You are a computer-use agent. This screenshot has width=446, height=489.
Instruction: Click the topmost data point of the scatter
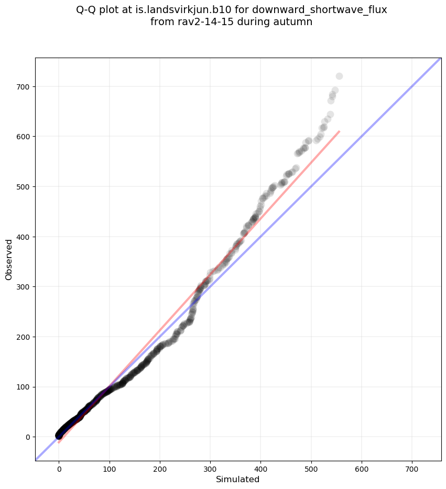(x=339, y=76)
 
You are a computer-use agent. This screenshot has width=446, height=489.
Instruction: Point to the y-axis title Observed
(x=9, y=259)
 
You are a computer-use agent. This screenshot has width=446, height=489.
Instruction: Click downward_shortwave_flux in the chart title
(x=320, y=10)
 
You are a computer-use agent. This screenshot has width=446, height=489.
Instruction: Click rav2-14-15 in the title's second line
(x=200, y=22)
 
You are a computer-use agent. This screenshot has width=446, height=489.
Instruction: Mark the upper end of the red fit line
(x=340, y=131)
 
